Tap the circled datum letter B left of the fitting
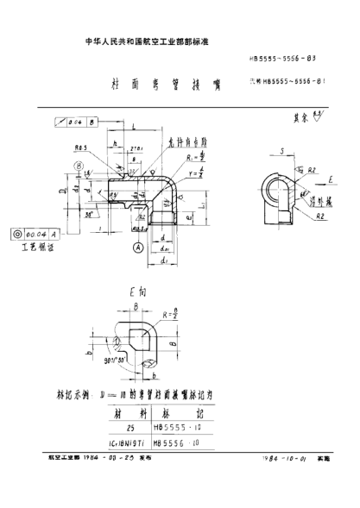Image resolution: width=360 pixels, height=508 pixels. coord(78,165)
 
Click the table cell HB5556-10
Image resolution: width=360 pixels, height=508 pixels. coord(178,442)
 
